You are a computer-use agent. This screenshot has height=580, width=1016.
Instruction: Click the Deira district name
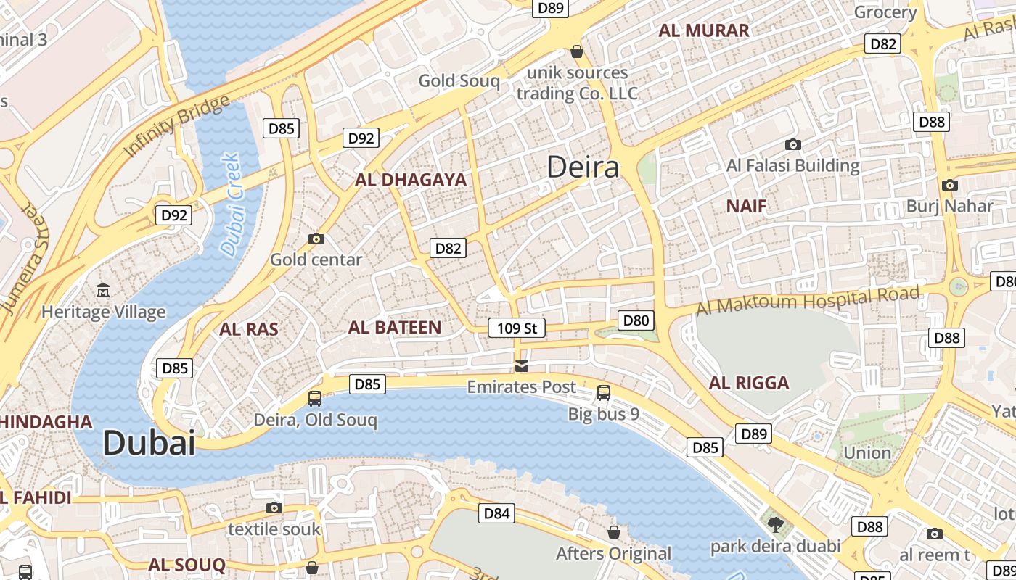tap(583, 167)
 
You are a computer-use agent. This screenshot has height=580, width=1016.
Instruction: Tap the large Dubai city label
tap(149, 443)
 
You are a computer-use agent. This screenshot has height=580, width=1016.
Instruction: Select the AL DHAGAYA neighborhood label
tap(411, 180)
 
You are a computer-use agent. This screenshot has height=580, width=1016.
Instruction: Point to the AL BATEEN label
tap(395, 328)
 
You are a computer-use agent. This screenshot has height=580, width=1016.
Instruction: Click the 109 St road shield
tap(516, 328)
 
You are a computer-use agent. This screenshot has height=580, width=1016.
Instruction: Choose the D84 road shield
tap(496, 514)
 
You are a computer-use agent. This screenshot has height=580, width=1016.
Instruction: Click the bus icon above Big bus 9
tap(603, 393)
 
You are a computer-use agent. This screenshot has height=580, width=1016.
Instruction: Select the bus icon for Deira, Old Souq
tap(315, 398)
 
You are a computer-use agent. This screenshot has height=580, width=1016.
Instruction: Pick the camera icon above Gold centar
tap(316, 239)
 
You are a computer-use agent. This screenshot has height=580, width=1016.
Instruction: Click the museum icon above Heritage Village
tap(103, 291)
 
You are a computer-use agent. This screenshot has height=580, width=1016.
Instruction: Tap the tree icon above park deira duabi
tap(775, 524)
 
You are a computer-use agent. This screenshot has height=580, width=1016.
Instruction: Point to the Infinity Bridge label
tap(177, 126)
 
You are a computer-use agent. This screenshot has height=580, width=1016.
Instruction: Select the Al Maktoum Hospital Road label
tap(808, 299)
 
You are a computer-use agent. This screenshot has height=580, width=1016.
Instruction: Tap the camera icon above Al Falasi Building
tap(792, 145)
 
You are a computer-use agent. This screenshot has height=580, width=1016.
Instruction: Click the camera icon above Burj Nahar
tap(949, 185)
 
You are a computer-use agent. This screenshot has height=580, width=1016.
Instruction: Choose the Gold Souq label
tap(459, 80)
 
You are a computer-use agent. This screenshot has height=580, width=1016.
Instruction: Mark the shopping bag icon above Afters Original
tap(613, 532)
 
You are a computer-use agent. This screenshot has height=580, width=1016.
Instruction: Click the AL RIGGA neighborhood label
tap(749, 383)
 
